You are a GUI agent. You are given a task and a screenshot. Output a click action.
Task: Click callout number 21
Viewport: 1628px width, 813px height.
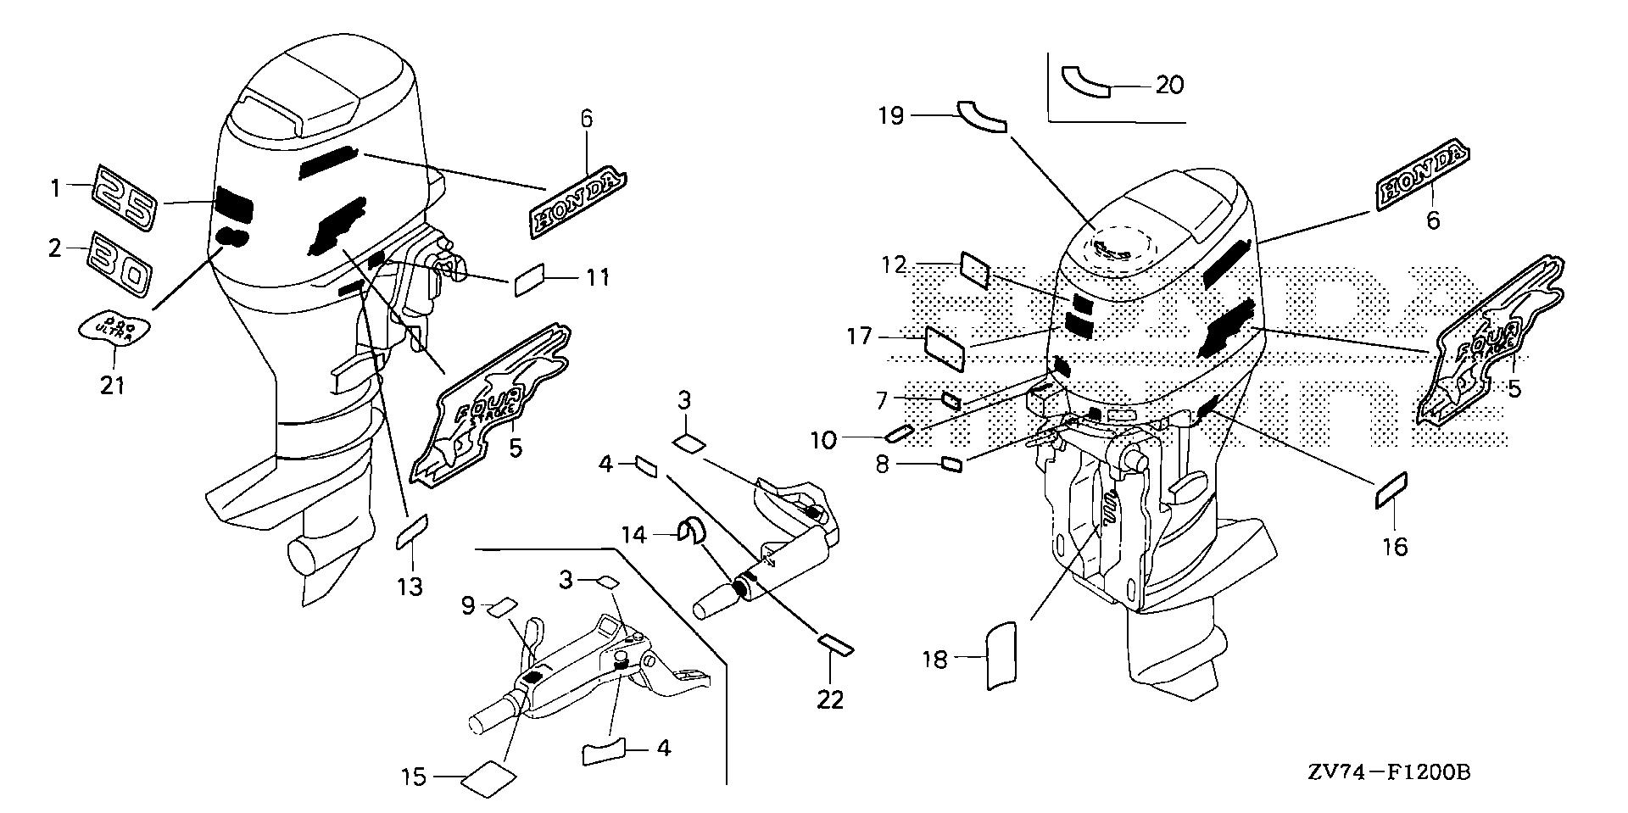[x=112, y=386]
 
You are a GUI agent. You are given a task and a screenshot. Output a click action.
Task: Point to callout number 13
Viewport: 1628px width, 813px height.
[x=410, y=586]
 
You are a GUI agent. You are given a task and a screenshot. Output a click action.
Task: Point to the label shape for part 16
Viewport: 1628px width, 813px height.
[x=1391, y=490]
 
